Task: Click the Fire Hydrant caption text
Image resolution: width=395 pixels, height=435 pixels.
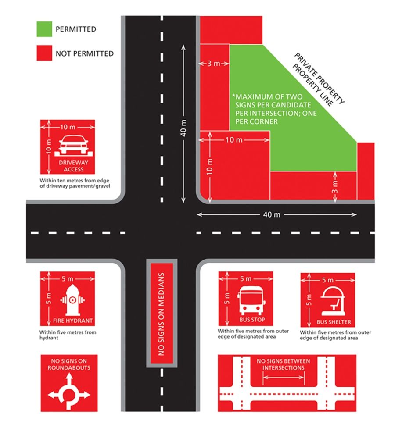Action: pos(68,320)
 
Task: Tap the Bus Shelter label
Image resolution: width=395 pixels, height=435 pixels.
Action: pos(334,322)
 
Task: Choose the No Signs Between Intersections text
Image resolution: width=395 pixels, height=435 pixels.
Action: pos(283,364)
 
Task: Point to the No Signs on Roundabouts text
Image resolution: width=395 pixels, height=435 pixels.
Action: pos(69,364)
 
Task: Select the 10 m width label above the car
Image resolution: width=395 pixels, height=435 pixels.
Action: pos(68,127)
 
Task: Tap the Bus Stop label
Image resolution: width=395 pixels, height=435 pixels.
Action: pos(249,320)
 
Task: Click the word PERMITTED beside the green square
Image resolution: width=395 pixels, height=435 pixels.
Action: pos(75,29)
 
